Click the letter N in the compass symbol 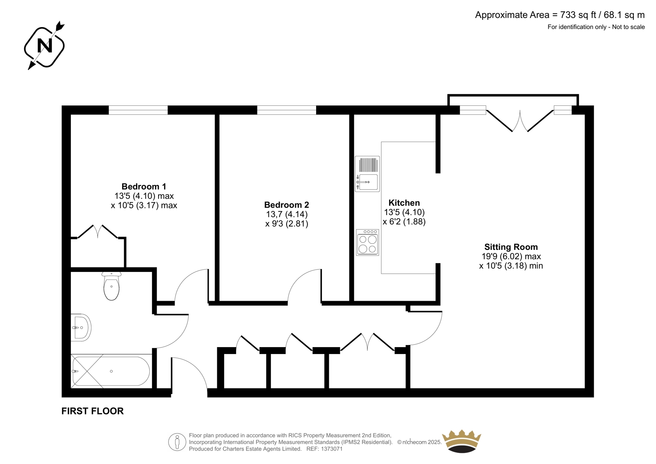click(45, 46)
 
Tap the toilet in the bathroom click(111, 286)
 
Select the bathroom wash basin click(81, 328)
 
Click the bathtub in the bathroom click(111, 371)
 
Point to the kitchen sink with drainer click(367, 174)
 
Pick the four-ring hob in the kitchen click(367, 242)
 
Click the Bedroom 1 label click(144, 186)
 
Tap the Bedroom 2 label click(287, 205)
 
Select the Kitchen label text click(404, 203)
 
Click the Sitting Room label click(511, 247)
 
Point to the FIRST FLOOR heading click(93, 411)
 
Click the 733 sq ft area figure click(579, 15)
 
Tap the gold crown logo click(462, 441)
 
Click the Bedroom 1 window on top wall click(138, 110)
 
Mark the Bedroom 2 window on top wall click(287, 110)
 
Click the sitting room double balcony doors click(520, 120)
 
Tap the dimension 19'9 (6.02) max click(511, 256)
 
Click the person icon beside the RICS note click(177, 442)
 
